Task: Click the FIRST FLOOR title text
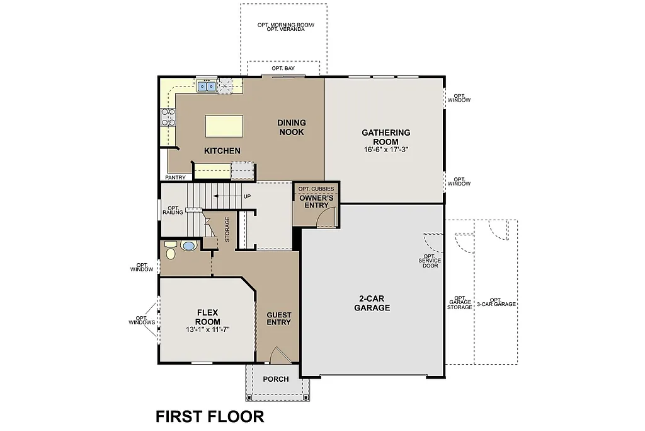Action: point(210,416)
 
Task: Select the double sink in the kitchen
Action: point(207,86)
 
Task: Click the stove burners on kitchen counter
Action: point(168,117)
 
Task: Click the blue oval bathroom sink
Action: point(188,245)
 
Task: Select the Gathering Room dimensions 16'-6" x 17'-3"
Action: point(385,150)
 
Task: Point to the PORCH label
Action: point(276,379)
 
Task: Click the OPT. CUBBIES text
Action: point(316,189)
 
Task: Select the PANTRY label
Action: point(175,177)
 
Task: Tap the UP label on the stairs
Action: point(247,196)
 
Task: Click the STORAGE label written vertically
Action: point(227,229)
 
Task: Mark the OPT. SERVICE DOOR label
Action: point(431,261)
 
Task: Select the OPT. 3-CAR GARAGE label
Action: point(495,302)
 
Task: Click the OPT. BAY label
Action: point(283,68)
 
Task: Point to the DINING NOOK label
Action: point(291,127)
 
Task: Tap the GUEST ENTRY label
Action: point(278,318)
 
